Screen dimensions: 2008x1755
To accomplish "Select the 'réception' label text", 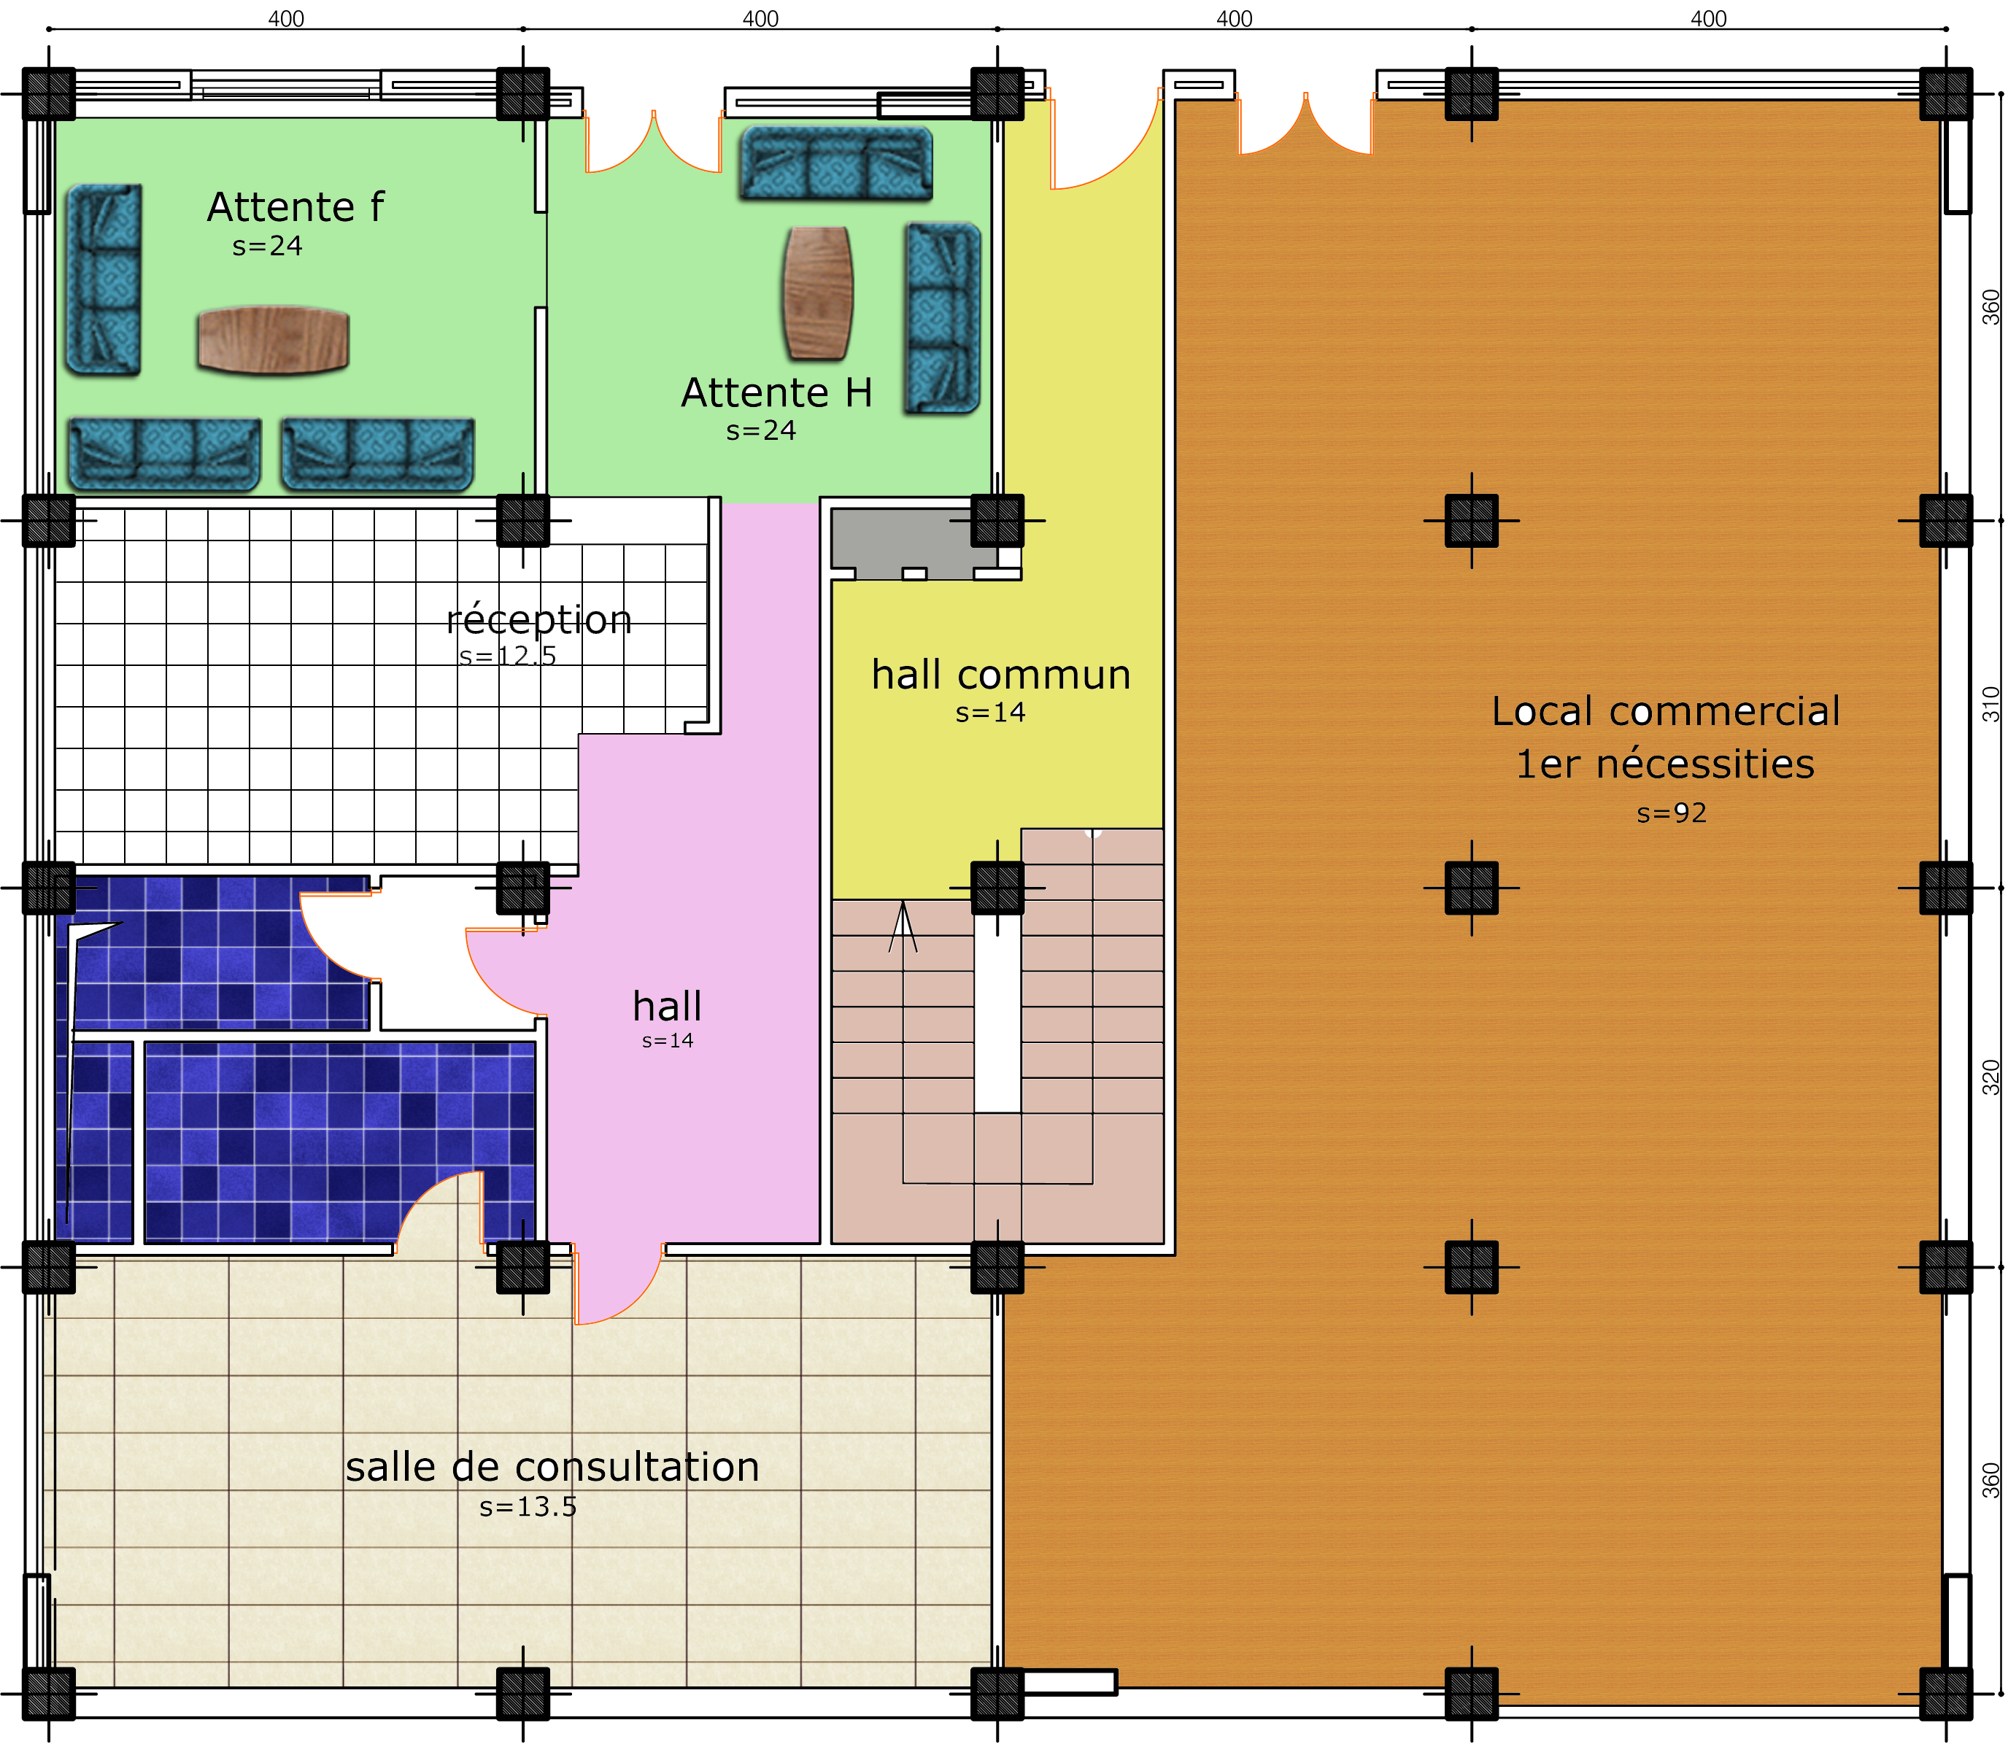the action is (x=538, y=620).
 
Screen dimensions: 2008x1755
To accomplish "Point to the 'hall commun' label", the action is (x=1001, y=675).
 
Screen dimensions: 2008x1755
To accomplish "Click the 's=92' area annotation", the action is (x=1671, y=813).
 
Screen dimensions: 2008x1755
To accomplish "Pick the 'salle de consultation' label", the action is (x=552, y=1467).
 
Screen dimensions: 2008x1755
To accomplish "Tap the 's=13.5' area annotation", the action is (x=528, y=1507).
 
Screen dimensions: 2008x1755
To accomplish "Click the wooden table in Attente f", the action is (x=274, y=340).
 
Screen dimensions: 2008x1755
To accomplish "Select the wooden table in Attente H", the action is (x=818, y=292).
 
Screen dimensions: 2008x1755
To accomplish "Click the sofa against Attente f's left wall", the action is (x=104, y=280).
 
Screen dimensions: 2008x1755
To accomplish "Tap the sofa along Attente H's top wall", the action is (x=835, y=163).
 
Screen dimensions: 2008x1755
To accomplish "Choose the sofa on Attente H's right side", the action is (x=942, y=317).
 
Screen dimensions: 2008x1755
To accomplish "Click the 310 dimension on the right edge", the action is (x=1991, y=704).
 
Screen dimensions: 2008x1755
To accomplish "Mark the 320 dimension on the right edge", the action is (x=1991, y=1077).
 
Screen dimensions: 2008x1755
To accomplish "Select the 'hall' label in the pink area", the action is (x=667, y=1006).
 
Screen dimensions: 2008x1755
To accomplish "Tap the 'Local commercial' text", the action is (x=1665, y=711).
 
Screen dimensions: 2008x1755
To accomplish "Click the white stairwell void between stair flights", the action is (x=997, y=1014).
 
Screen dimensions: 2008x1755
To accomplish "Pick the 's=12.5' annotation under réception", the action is (x=507, y=656).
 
